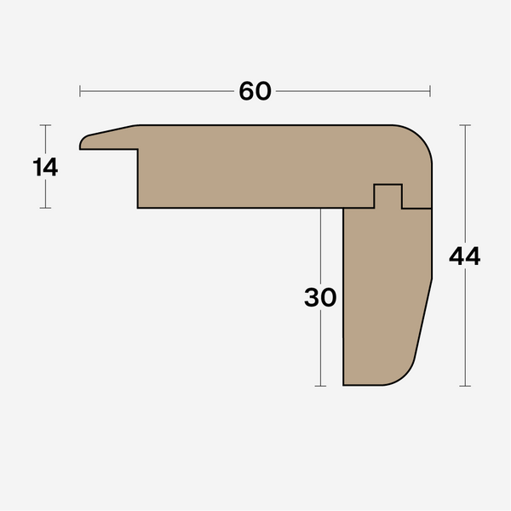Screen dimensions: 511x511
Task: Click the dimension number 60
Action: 255,91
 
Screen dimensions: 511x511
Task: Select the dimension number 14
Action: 46,167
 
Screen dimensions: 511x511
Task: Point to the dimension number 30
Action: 320,297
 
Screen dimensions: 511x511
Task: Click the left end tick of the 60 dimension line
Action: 80,91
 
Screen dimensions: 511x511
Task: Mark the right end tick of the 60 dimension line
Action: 430,91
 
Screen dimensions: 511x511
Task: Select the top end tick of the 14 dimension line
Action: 46,125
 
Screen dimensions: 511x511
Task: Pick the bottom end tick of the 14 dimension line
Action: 46,208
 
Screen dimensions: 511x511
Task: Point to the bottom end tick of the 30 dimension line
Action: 320,386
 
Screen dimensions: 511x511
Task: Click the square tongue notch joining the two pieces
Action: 388,195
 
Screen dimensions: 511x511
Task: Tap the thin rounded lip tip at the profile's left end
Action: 83,143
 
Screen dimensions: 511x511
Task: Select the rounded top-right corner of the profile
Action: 421,137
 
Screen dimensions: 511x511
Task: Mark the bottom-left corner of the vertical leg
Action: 343,385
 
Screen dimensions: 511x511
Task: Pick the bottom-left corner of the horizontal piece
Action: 139,207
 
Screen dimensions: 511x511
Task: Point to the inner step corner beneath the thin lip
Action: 139,151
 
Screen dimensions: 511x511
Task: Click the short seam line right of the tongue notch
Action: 416,208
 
